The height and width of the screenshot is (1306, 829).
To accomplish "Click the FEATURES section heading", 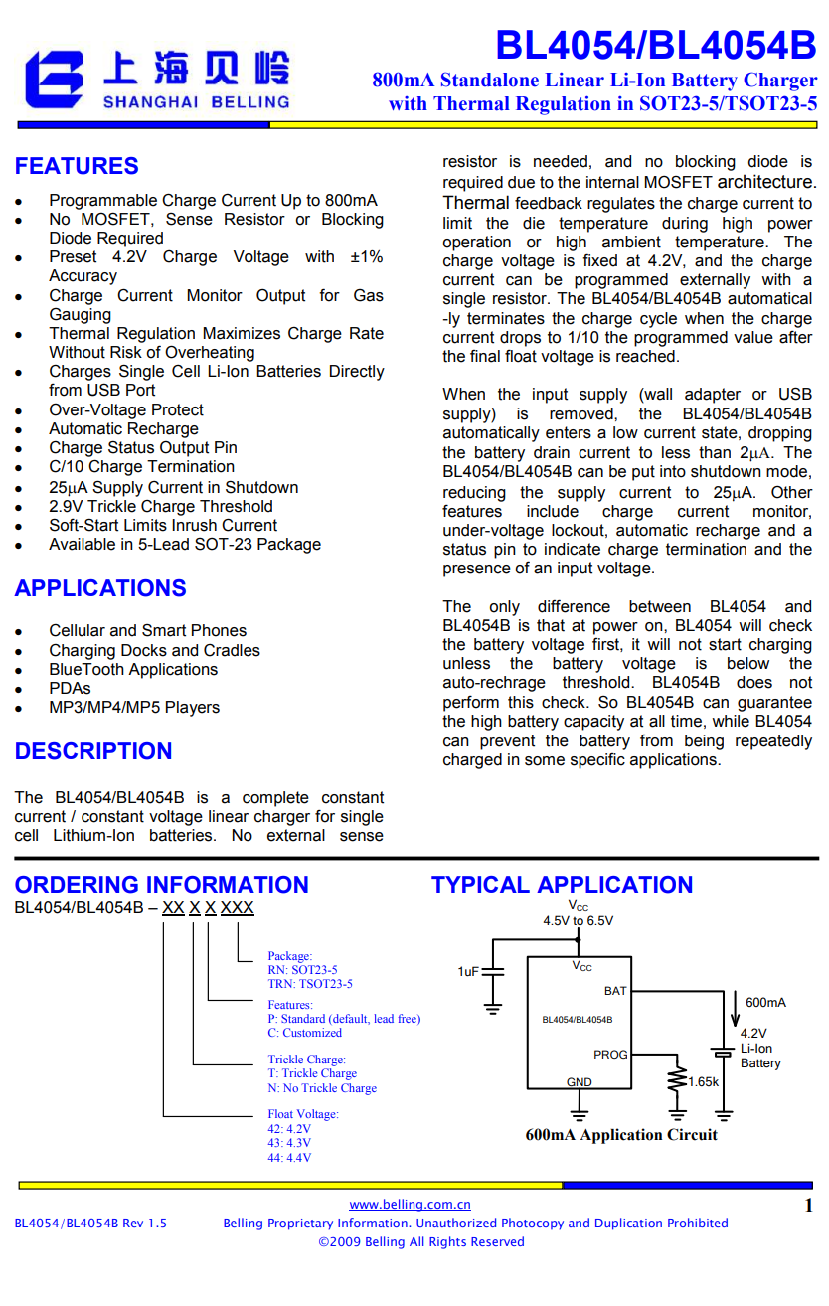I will pyautogui.click(x=77, y=166).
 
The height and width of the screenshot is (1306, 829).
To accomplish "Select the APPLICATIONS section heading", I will pyautogui.click(x=100, y=588).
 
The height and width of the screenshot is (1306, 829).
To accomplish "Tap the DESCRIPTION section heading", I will pyautogui.click(x=93, y=751).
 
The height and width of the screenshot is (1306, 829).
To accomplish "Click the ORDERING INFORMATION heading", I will pyautogui.click(x=161, y=885).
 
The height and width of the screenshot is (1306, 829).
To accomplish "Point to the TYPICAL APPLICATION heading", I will pyautogui.click(x=562, y=885).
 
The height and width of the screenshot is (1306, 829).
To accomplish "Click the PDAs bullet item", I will pyautogui.click(x=70, y=688).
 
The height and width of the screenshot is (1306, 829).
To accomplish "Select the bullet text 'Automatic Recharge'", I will pyautogui.click(x=123, y=429).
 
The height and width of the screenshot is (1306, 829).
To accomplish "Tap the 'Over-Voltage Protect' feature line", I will pyautogui.click(x=126, y=410).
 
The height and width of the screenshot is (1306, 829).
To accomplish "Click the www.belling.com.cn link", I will pyautogui.click(x=410, y=1205).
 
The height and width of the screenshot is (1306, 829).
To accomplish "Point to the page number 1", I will pyautogui.click(x=808, y=1206).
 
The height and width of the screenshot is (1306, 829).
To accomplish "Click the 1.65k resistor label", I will pyautogui.click(x=703, y=1081).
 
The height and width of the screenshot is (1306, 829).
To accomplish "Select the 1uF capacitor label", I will pyautogui.click(x=468, y=971).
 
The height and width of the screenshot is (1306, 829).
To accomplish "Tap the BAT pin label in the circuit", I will pyautogui.click(x=615, y=991).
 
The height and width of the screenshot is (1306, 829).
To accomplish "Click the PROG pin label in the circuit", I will pyautogui.click(x=610, y=1055).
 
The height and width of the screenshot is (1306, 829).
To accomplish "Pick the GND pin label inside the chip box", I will pyautogui.click(x=579, y=1082).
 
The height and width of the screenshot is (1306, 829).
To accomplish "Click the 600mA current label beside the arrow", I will pyautogui.click(x=765, y=1002).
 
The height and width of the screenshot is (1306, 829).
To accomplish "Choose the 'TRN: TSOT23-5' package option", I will pyautogui.click(x=309, y=984).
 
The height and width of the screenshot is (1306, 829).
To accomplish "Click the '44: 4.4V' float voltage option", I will pyautogui.click(x=288, y=1158).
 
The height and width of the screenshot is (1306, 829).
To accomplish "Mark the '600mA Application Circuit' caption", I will pyautogui.click(x=621, y=1135).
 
